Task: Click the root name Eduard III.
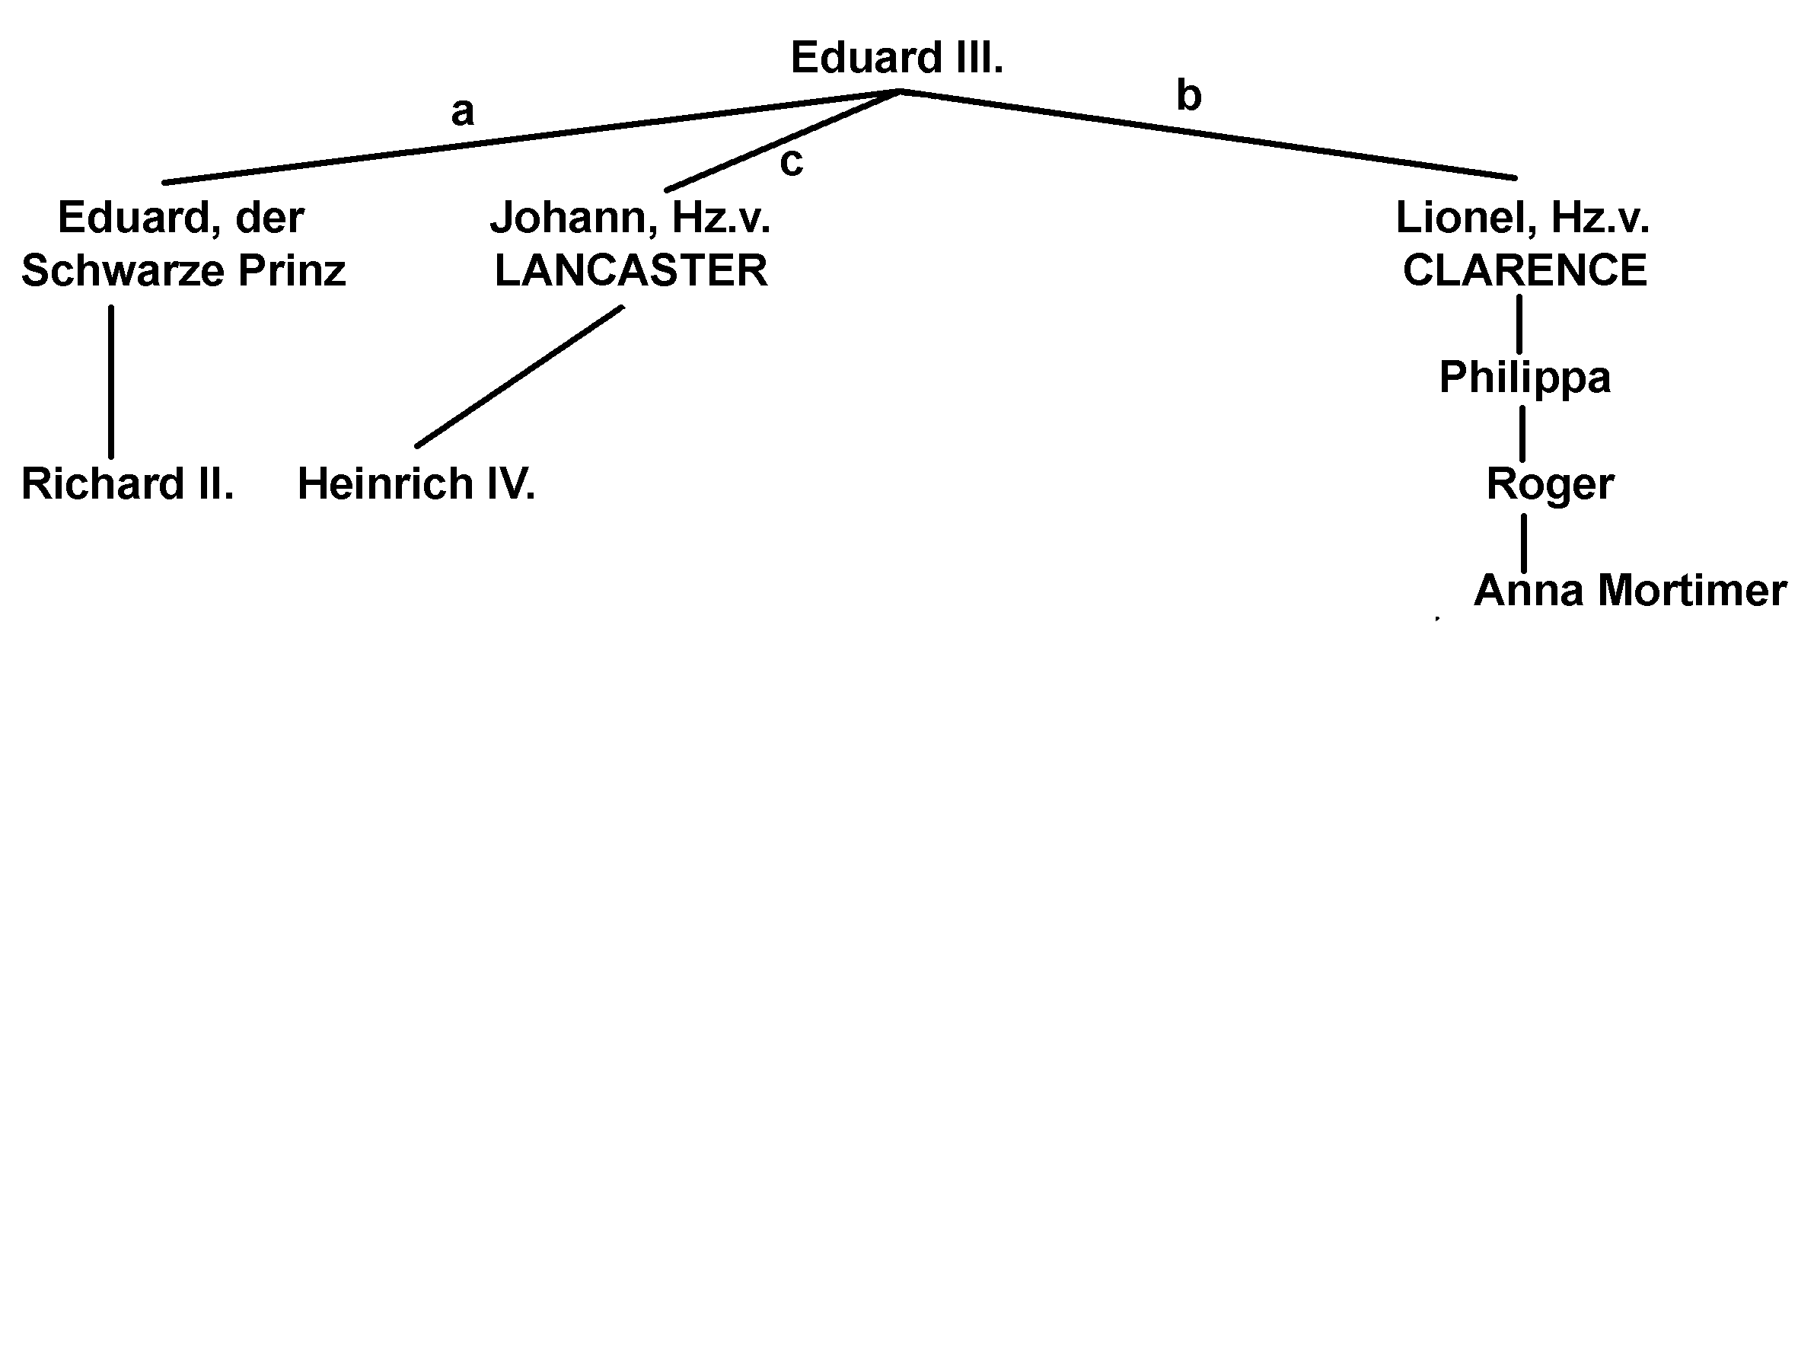pos(897,59)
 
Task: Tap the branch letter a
pos(462,111)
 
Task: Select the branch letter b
pos(1188,96)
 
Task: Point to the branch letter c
pos(791,162)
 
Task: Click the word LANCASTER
pos(631,271)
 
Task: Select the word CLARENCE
pos(1524,271)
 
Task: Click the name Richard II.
pos(128,484)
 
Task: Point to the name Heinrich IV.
pos(416,484)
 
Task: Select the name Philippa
pos(1524,378)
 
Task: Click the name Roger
pos(1549,484)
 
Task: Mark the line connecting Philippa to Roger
pos(1522,432)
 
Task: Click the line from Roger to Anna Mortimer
pos(1523,542)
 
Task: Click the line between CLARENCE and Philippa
pos(1519,324)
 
